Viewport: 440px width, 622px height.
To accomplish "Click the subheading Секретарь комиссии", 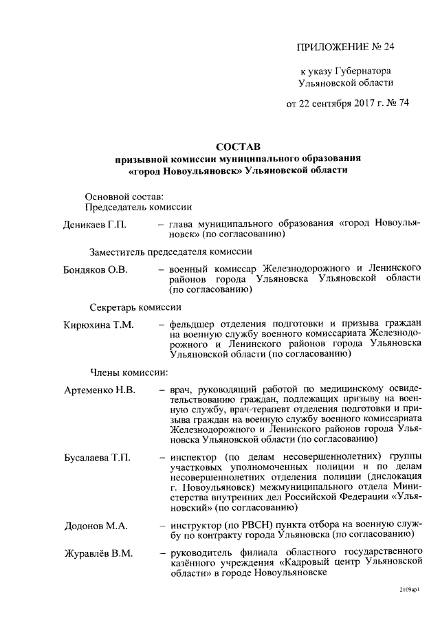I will click(x=135, y=307).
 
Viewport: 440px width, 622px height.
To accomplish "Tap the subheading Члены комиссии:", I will click(x=130, y=373).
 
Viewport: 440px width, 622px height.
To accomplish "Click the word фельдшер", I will click(x=190, y=323).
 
